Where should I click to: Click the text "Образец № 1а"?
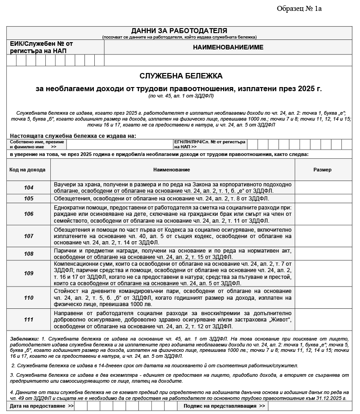click(299, 9)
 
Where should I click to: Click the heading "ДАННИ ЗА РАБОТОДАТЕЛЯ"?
click(179, 30)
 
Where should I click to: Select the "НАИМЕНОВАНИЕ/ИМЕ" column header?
click(228, 47)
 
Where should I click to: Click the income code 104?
click(29, 187)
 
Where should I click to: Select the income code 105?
click(29, 198)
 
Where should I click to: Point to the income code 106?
click(29, 214)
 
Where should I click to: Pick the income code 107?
click(29, 236)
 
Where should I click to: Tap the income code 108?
click(29, 254)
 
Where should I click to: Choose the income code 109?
click(29, 273)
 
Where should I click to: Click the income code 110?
click(29, 297)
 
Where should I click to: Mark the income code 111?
click(29, 320)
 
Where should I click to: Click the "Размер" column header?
click(322, 170)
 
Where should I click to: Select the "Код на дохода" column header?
click(28, 170)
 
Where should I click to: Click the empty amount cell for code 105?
click(323, 198)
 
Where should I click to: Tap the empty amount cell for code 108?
click(323, 254)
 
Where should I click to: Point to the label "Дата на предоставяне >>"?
click(42, 406)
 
